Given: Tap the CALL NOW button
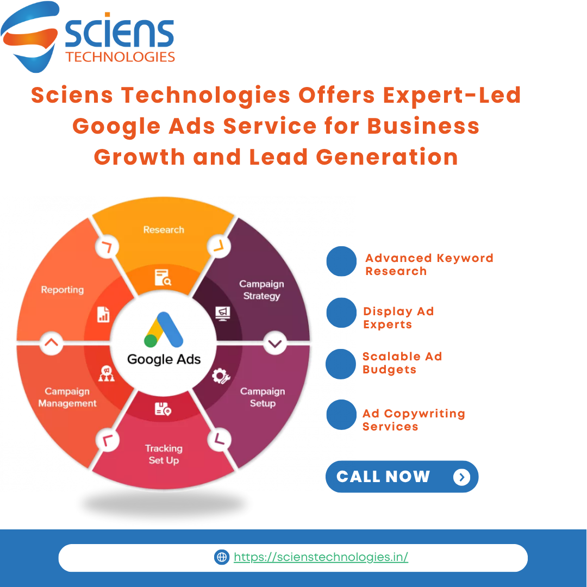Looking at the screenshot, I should pos(402,477).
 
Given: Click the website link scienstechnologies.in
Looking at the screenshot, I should pos(321,557).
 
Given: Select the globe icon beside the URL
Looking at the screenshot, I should pos(222,557).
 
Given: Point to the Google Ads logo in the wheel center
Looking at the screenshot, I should pos(164,330).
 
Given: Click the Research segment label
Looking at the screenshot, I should pos(164,230).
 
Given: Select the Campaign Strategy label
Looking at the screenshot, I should pos(261,290).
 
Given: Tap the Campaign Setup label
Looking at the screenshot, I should pos(263,397).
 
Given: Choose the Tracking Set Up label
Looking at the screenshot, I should pos(164,454).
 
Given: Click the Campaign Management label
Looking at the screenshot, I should pos(67,397).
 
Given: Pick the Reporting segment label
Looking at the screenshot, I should pos(63,290).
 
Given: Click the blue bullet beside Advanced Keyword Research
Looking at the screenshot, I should pos(341,261).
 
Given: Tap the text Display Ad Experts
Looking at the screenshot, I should pos(398,318).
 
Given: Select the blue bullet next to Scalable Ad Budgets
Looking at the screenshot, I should pos(341,364).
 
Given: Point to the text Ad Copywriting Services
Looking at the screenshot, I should pos(414,420).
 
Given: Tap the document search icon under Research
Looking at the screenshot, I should pos(163,277).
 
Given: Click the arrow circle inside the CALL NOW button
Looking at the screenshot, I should pos(461,477).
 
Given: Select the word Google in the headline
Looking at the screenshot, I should pos(112,126).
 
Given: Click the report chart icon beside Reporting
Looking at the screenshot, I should pos(103,314).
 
